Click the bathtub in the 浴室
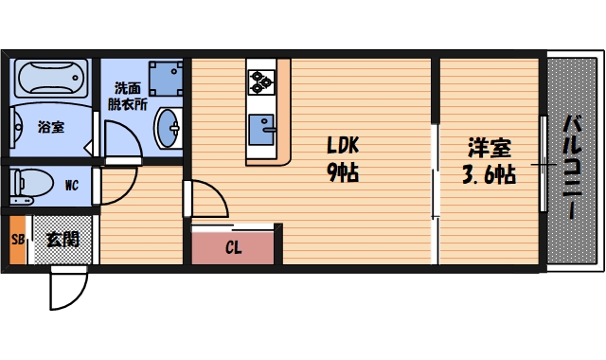pyautogui.click(x=51, y=78)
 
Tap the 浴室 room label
pyautogui.click(x=51, y=126)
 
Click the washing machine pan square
pyautogui.click(x=166, y=79)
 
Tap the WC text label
pyautogui.click(x=71, y=186)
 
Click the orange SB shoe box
pyautogui.click(x=17, y=239)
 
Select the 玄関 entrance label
pyautogui.click(x=62, y=239)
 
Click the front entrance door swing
pyautogui.click(x=66, y=289)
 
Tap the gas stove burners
pyautogui.click(x=260, y=81)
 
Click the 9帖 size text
pyautogui.click(x=343, y=174)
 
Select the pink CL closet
pyautogui.click(x=234, y=248)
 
